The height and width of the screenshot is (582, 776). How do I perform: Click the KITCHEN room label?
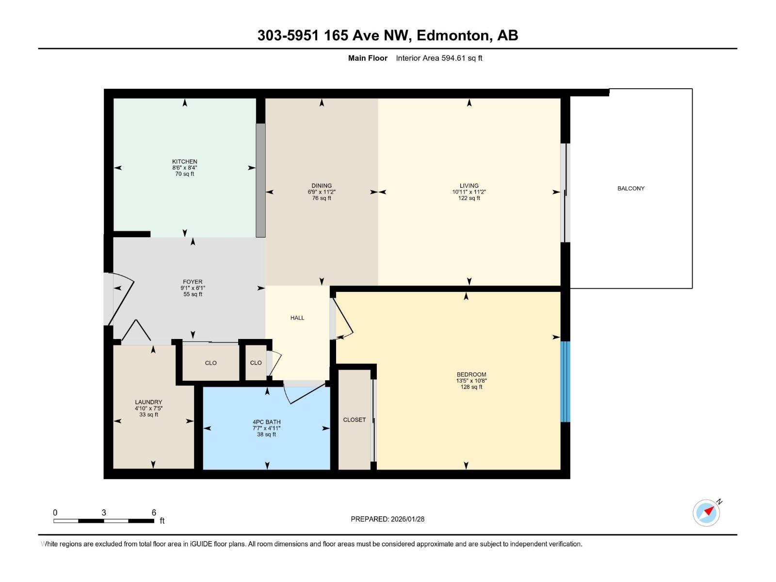pyautogui.click(x=184, y=162)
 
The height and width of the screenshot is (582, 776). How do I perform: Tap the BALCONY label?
pyautogui.click(x=630, y=188)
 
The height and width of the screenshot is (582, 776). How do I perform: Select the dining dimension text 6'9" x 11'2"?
pyautogui.click(x=322, y=192)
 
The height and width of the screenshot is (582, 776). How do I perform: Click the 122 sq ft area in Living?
pyautogui.click(x=469, y=198)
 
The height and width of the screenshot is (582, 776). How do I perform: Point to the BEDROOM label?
pyautogui.click(x=471, y=374)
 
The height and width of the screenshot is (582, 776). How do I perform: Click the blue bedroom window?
pyautogui.click(x=565, y=382)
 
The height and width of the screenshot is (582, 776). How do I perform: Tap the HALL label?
pyautogui.click(x=297, y=318)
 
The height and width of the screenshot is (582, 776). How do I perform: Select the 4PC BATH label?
pyautogui.click(x=266, y=422)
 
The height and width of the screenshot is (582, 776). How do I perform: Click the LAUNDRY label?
pyautogui.click(x=148, y=402)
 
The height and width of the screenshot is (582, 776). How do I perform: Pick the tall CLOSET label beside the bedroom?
pyautogui.click(x=354, y=420)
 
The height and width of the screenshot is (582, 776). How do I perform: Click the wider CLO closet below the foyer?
pyautogui.click(x=210, y=363)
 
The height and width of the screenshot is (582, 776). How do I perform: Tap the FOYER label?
pyautogui.click(x=193, y=282)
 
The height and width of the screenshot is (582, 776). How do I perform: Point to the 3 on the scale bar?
pyautogui.click(x=104, y=513)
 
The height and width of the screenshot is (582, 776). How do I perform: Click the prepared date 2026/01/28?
pyautogui.click(x=407, y=519)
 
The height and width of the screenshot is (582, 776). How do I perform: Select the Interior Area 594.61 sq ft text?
pyautogui.click(x=439, y=58)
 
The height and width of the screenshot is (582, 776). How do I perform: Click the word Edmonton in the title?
pyautogui.click(x=452, y=35)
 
